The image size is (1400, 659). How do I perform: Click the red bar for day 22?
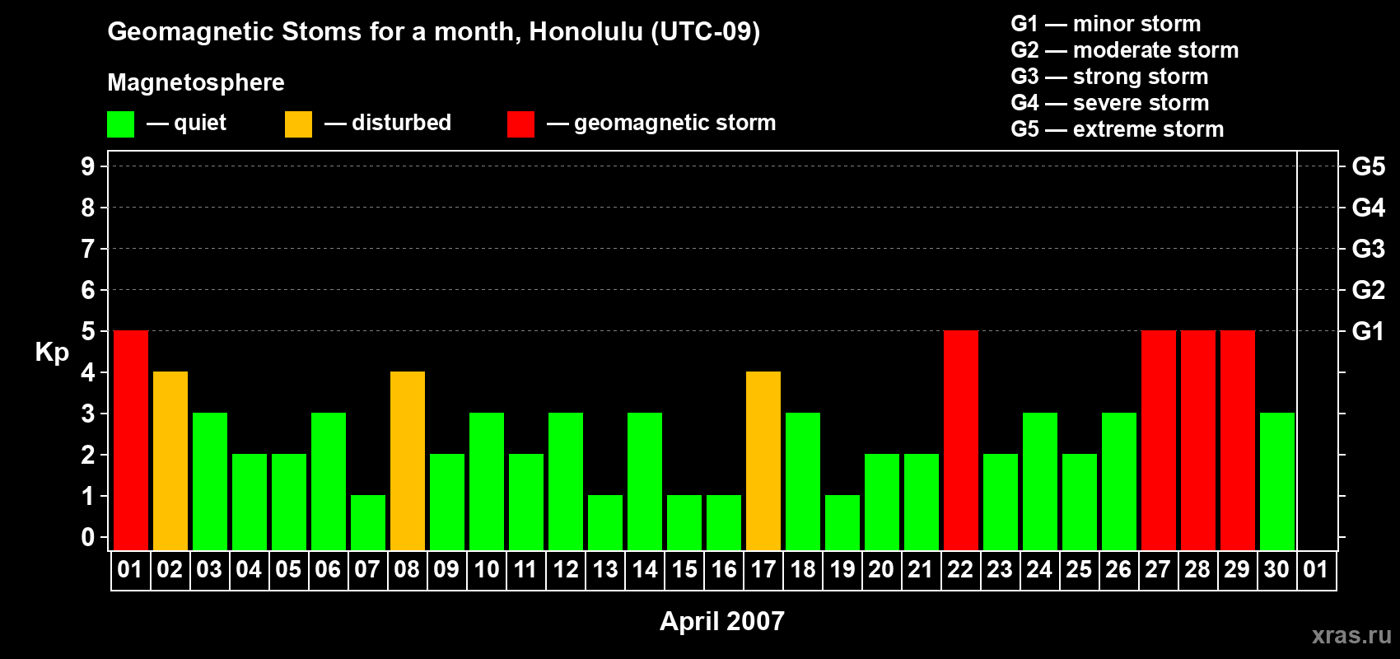click(x=960, y=440)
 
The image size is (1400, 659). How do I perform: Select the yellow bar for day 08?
click(x=408, y=460)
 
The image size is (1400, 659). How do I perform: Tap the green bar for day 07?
click(x=368, y=523)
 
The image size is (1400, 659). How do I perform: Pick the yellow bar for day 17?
click(x=763, y=460)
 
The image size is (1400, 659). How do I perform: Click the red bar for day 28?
click(x=1198, y=440)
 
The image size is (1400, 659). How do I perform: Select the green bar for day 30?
click(x=1277, y=481)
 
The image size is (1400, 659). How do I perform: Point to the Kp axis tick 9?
click(x=87, y=166)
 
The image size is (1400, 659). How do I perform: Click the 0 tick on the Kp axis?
click(x=87, y=537)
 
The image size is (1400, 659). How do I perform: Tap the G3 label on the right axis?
click(x=1368, y=249)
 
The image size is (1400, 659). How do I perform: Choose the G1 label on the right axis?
click(x=1368, y=331)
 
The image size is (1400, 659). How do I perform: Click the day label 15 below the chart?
click(x=684, y=569)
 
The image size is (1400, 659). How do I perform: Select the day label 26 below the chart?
click(x=1118, y=569)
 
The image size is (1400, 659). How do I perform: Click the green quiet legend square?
click(x=120, y=124)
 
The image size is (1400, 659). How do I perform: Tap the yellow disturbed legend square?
click(x=298, y=124)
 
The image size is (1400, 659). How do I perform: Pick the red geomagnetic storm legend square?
click(x=521, y=124)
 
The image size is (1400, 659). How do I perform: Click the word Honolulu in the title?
click(x=586, y=31)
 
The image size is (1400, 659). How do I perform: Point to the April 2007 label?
click(x=722, y=621)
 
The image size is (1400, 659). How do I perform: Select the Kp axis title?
click(x=52, y=353)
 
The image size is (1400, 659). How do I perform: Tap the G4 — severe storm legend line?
click(x=1110, y=102)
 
